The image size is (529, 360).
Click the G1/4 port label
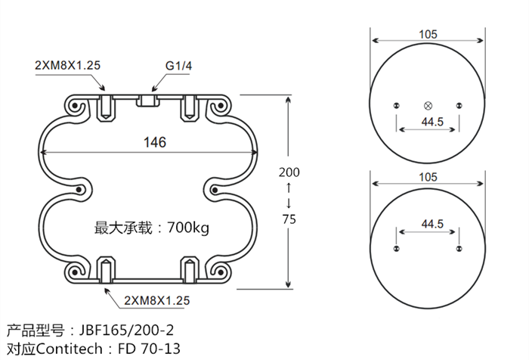click(179, 65)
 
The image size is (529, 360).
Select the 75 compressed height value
click(289, 219)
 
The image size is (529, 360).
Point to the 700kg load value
click(186, 227)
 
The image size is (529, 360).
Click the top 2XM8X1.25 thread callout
click(67, 65)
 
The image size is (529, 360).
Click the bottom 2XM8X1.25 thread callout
click(156, 300)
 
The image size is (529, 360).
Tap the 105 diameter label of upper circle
click(428, 34)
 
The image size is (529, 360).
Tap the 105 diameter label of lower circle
click(428, 178)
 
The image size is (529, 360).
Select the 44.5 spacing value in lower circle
click(428, 224)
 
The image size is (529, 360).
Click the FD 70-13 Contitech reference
click(150, 349)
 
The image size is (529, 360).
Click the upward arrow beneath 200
click(289, 187)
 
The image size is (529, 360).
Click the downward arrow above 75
click(289, 203)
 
